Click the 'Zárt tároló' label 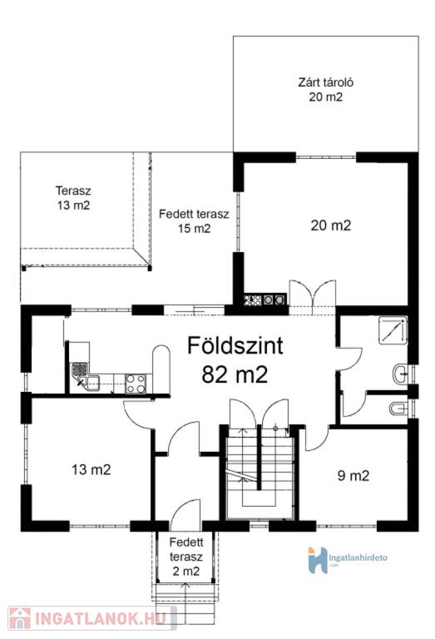[x=325, y=82]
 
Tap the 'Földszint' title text [x=235, y=345]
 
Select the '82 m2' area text [x=235, y=374]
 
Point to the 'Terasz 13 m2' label [x=73, y=198]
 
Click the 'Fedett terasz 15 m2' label [x=194, y=220]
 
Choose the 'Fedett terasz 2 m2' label [x=186, y=557]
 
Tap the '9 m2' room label [x=353, y=476]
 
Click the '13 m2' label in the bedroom [x=91, y=469]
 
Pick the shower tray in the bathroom [x=393, y=330]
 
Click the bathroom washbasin [x=400, y=373]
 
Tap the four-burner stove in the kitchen [x=136, y=384]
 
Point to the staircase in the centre [x=260, y=472]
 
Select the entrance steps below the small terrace [x=186, y=594]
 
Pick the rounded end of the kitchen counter [x=161, y=354]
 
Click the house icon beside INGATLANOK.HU [x=20, y=618]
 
